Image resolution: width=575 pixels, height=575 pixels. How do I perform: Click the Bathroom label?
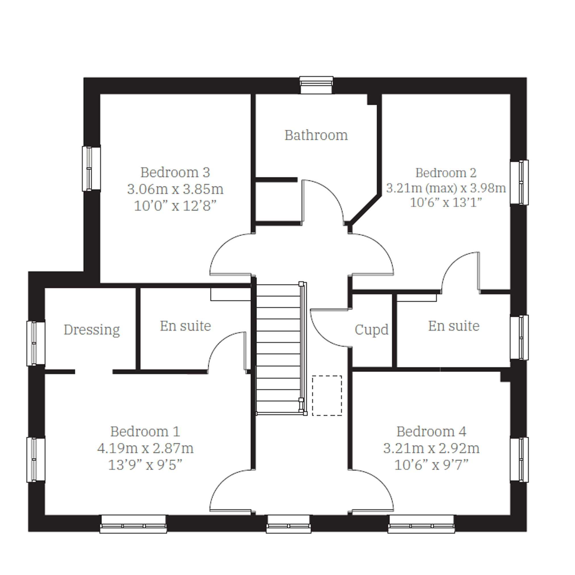pyautogui.click(x=316, y=135)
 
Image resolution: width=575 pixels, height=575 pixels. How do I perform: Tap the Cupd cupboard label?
pyautogui.click(x=371, y=330)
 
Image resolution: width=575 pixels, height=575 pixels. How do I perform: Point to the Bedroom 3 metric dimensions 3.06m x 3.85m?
pyautogui.click(x=175, y=189)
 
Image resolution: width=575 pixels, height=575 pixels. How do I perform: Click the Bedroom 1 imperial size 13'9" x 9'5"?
pyautogui.click(x=145, y=465)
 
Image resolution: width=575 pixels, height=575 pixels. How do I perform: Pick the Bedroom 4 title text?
pyautogui.click(x=431, y=432)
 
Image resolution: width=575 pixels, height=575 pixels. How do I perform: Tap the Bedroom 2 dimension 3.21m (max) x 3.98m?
pyautogui.click(x=446, y=188)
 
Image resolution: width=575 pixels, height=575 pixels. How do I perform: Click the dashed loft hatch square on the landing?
pyautogui.click(x=327, y=396)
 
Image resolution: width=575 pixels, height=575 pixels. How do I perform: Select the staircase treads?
pyautogui.click(x=278, y=348)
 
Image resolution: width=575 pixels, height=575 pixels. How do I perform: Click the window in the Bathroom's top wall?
pyautogui.click(x=316, y=85)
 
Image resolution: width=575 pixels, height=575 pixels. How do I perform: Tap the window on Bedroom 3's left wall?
pyautogui.click(x=91, y=168)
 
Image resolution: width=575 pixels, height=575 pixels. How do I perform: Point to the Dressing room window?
pyautogui.click(x=36, y=343)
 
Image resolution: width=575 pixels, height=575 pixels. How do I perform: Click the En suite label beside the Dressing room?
pyautogui.click(x=185, y=326)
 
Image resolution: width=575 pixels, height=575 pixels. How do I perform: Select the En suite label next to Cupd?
pyautogui.click(x=454, y=326)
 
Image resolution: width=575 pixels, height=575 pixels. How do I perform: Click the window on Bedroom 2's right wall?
pyautogui.click(x=519, y=182)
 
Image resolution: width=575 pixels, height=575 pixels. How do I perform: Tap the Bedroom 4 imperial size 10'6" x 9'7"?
pyautogui.click(x=431, y=465)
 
